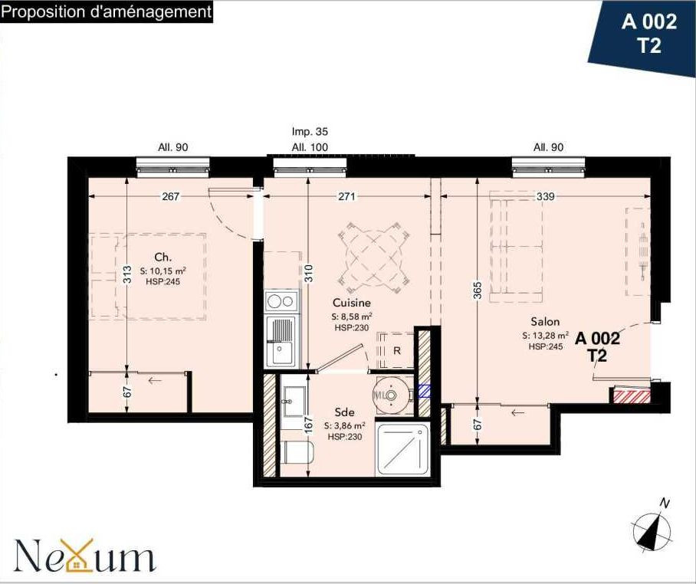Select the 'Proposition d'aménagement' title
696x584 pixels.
(107, 11)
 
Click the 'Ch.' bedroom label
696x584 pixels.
(163, 257)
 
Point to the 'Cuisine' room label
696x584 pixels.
(352, 303)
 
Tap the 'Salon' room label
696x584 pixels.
(545, 321)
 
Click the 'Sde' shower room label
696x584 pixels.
(344, 412)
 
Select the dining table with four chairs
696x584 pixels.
(373, 258)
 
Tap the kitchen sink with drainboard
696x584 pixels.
(280, 341)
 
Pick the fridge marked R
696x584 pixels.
(395, 350)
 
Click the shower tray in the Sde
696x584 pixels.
(402, 449)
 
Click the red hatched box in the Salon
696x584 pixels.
(631, 395)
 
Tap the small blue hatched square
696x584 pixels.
(425, 391)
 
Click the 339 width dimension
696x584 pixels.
(545, 196)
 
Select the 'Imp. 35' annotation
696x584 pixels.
(310, 131)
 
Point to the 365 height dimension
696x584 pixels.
(478, 291)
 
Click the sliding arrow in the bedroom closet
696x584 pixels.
(154, 380)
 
